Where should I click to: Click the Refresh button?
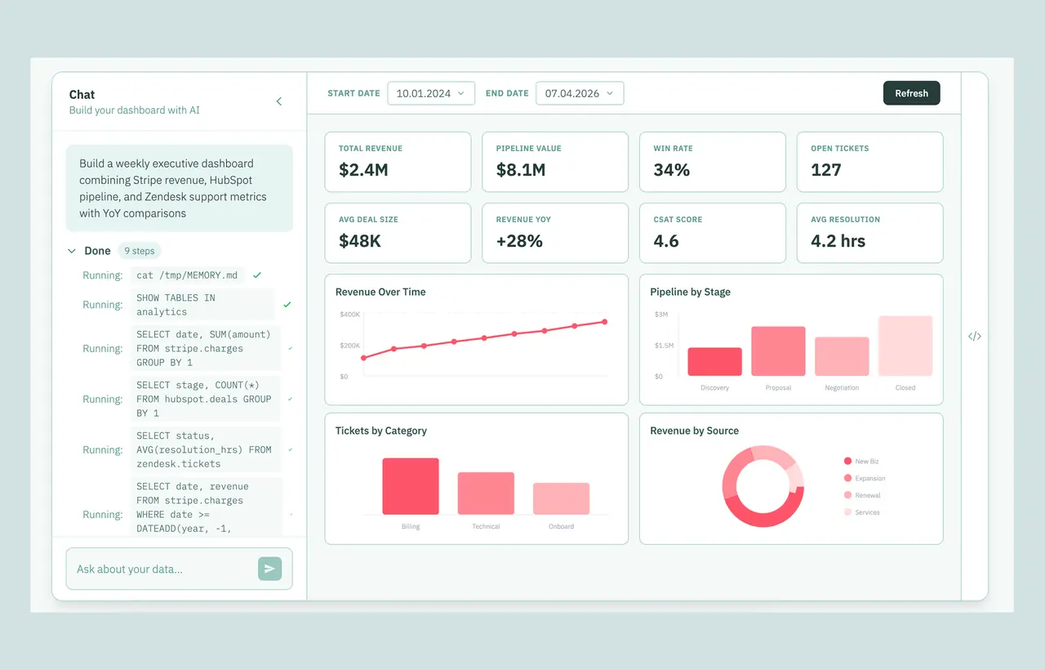pos(911,93)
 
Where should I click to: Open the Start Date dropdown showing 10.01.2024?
pos(430,93)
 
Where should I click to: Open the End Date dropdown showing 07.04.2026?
pos(580,93)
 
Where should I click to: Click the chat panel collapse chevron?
pos(279,101)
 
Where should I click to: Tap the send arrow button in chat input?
pos(269,568)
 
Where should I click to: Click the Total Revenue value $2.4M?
pos(363,170)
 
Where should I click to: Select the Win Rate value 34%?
pos(671,170)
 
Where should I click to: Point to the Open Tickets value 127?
pos(825,170)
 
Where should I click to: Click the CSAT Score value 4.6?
pos(665,241)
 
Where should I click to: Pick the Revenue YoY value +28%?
pos(519,241)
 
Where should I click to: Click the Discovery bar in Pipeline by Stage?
pos(714,361)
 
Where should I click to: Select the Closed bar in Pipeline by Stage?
pos(905,346)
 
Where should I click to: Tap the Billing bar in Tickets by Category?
pos(411,486)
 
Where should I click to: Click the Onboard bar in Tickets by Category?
pos(561,498)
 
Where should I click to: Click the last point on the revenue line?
pos(605,322)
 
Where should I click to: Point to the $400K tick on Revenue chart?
pos(350,315)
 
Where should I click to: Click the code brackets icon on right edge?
pos(975,336)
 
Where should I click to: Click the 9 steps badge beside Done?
pos(139,251)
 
